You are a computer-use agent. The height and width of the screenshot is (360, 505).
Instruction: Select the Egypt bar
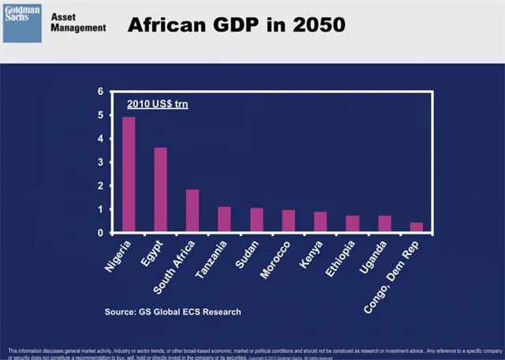tap(160, 190)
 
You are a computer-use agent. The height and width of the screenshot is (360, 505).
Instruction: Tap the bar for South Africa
tap(192, 212)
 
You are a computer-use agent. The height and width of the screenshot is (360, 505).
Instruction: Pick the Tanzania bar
tap(224, 220)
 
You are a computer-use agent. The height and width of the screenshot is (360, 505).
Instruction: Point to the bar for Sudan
tap(256, 221)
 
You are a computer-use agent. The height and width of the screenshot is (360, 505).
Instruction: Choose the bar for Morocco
tap(288, 222)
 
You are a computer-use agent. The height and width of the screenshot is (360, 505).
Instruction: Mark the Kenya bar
tap(320, 223)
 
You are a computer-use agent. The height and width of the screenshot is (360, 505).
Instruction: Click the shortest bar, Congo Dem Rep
tap(417, 228)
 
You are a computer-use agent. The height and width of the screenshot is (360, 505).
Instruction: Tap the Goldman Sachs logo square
tap(22, 23)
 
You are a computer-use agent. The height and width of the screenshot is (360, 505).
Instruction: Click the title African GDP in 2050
tap(237, 25)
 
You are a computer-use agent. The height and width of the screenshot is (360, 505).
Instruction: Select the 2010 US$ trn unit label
tap(159, 104)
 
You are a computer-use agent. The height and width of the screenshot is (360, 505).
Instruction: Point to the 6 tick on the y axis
tap(100, 92)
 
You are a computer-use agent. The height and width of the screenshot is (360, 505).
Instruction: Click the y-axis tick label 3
tap(100, 163)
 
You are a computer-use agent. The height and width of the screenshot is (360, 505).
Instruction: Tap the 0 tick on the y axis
tap(100, 234)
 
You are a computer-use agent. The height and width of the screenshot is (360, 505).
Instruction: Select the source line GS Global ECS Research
tap(173, 312)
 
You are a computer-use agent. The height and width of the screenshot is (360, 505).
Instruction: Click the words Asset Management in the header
tap(77, 22)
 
